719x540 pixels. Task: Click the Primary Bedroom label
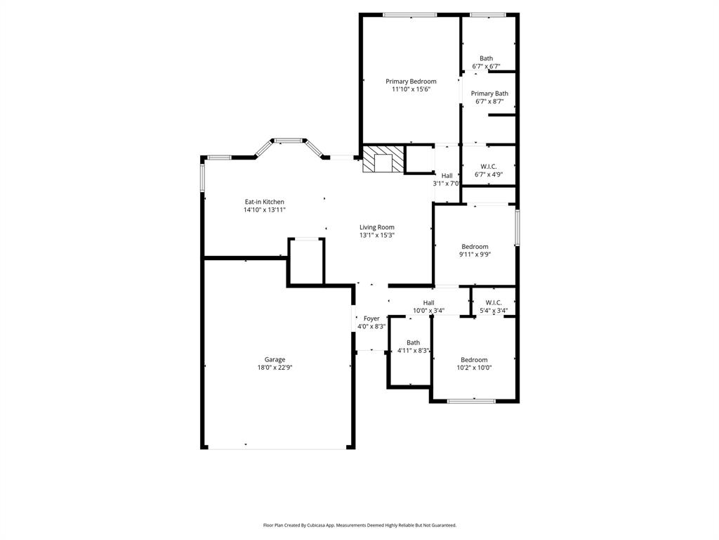[411, 82]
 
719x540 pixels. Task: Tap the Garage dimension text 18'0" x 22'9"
[275, 368]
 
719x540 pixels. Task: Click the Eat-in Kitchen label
[264, 202]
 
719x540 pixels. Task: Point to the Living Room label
[377, 227]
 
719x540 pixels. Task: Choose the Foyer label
[371, 319]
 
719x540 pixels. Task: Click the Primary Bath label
[489, 94]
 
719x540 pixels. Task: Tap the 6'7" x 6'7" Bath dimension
[486, 67]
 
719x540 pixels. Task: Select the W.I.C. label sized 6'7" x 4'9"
[489, 167]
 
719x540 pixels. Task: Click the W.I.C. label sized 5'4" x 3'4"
[494, 302]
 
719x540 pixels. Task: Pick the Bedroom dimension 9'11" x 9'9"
[475, 255]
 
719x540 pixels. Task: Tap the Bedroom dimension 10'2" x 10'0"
[474, 368]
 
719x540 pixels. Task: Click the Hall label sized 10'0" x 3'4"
[428, 302]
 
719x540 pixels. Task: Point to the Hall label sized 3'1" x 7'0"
[447, 176]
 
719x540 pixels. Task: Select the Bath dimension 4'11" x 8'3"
[413, 351]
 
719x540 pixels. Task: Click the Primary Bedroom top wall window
[409, 14]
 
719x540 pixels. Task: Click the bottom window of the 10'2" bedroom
[472, 401]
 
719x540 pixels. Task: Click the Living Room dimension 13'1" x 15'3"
[377, 236]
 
